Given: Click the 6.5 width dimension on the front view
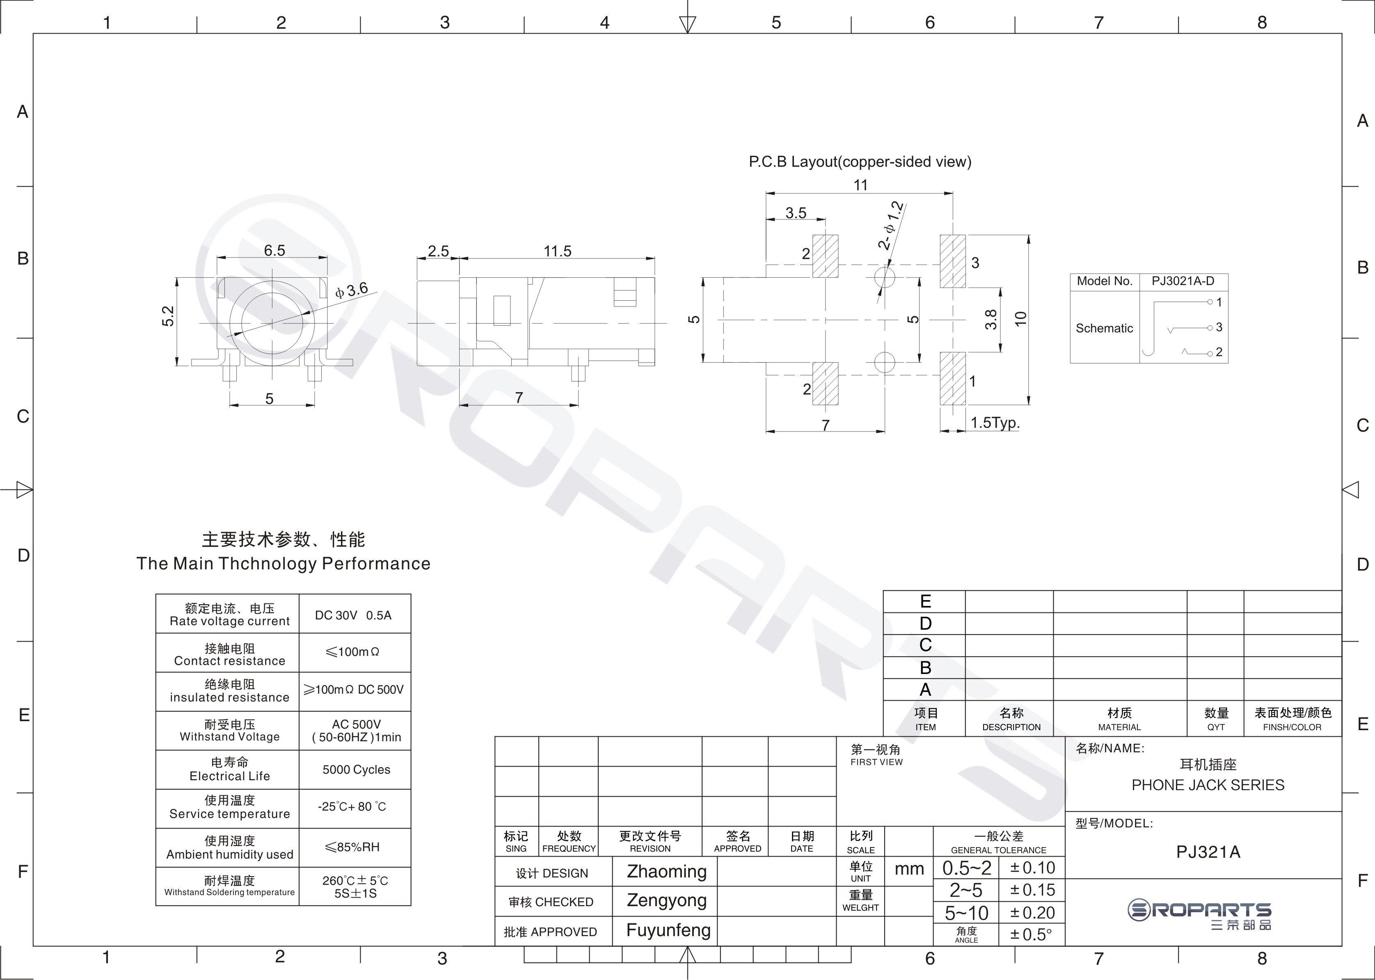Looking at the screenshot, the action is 274,250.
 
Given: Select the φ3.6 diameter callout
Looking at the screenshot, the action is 351,291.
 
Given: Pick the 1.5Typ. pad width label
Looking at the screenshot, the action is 995,423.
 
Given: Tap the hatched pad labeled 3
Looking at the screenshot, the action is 952,261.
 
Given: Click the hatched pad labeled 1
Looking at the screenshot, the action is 952,378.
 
